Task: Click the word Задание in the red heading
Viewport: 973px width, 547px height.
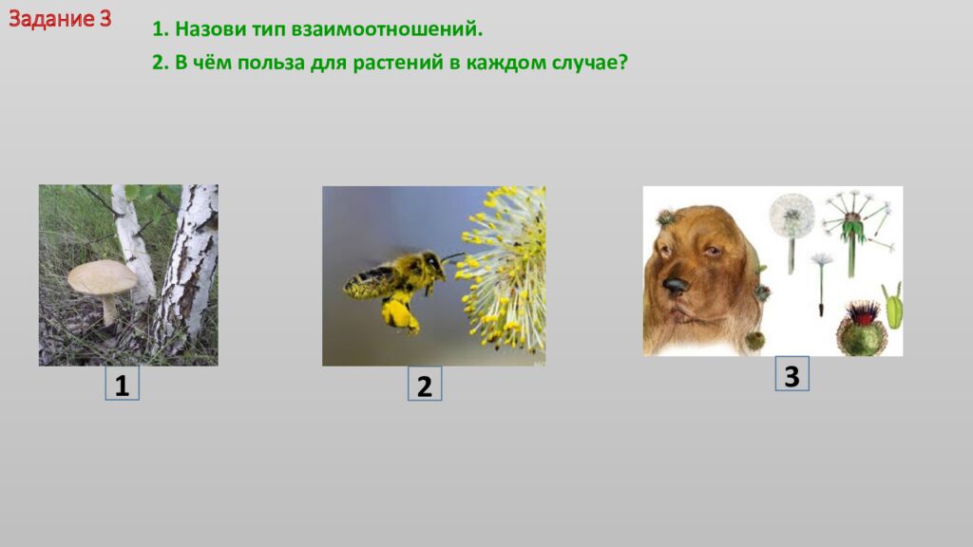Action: tap(50, 19)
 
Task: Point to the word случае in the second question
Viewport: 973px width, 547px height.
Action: tap(586, 64)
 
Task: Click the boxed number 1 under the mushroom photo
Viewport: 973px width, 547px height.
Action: tap(122, 385)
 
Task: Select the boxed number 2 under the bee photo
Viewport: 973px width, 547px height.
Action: tap(425, 386)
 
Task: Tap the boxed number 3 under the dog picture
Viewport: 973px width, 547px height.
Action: tap(792, 375)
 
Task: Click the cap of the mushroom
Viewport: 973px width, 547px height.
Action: tap(102, 276)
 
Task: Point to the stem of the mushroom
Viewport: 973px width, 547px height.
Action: tap(109, 308)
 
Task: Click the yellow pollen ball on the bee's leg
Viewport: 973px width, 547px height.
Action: tap(400, 315)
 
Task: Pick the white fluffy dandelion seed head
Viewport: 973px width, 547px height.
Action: tap(792, 216)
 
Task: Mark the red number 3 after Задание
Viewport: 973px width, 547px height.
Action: tap(105, 19)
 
